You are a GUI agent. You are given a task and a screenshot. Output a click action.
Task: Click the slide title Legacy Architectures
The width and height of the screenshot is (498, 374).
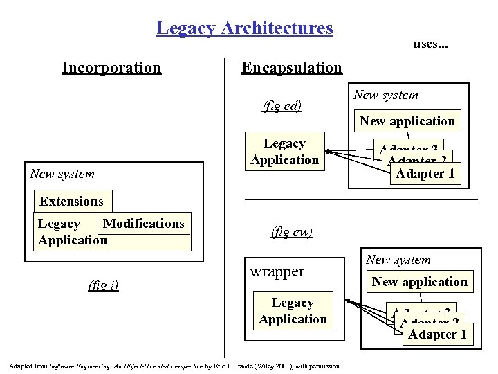point(244,28)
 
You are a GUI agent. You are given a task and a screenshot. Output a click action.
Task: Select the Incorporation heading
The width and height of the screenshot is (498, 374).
point(111,67)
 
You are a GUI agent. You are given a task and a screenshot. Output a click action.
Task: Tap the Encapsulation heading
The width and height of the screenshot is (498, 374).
point(291,67)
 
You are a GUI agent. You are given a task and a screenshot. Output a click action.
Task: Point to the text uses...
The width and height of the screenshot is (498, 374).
point(430,44)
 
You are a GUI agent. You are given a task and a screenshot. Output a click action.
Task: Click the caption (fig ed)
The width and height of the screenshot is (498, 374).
point(282,106)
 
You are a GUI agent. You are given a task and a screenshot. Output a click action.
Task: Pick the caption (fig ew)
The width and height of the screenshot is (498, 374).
point(293,231)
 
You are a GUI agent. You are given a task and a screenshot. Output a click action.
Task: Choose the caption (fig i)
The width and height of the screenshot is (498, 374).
point(104,284)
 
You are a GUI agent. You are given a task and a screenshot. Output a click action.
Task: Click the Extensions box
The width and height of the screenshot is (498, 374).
point(71,202)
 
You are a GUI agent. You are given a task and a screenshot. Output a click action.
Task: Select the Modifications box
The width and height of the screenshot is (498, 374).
point(144,224)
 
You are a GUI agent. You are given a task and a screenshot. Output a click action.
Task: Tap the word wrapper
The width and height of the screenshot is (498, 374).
point(277,271)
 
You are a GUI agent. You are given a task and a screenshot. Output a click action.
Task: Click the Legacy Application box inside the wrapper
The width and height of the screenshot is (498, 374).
point(293,311)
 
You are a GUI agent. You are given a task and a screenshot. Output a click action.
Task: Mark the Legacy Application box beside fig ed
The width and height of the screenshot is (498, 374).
point(284,152)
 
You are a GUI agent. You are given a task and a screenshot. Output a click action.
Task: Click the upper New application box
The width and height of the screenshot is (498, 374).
point(407,121)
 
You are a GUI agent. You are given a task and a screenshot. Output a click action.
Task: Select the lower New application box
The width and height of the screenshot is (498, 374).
point(420,282)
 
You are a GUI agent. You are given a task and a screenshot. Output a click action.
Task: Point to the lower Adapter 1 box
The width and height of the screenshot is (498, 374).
point(438,335)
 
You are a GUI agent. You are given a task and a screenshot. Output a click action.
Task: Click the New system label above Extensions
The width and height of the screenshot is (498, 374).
point(62,173)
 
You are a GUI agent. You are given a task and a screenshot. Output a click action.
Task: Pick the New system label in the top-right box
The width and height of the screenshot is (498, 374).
point(385,95)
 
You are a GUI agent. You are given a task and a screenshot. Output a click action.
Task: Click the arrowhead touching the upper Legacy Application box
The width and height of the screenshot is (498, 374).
point(329,152)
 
